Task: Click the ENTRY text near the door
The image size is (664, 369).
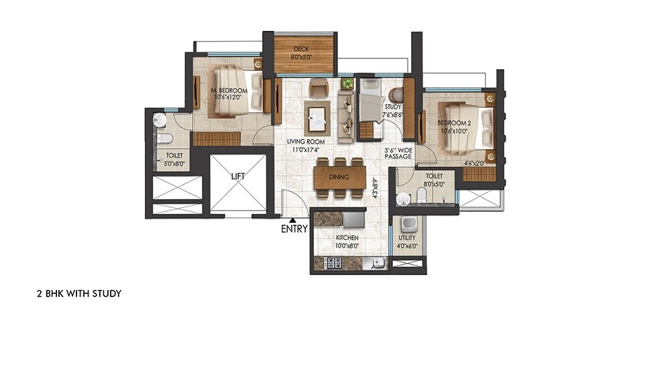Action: pyautogui.click(x=295, y=229)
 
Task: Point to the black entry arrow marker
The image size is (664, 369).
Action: pyautogui.click(x=292, y=219)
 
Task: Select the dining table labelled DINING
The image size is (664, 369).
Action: pyautogui.click(x=339, y=177)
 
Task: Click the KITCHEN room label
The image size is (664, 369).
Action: pyautogui.click(x=347, y=238)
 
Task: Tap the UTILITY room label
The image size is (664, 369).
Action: pyautogui.click(x=406, y=238)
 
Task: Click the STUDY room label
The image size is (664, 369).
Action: pyautogui.click(x=393, y=107)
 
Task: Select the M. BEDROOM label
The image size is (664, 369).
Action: pyautogui.click(x=229, y=91)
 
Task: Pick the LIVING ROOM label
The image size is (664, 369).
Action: pyautogui.click(x=306, y=142)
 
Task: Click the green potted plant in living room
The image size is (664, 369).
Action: pyautogui.click(x=347, y=84)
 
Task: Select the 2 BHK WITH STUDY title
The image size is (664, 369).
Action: pyautogui.click(x=78, y=294)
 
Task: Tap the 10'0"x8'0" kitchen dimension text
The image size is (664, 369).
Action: pyautogui.click(x=347, y=246)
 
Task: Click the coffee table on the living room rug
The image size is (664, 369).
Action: pyautogui.click(x=316, y=121)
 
